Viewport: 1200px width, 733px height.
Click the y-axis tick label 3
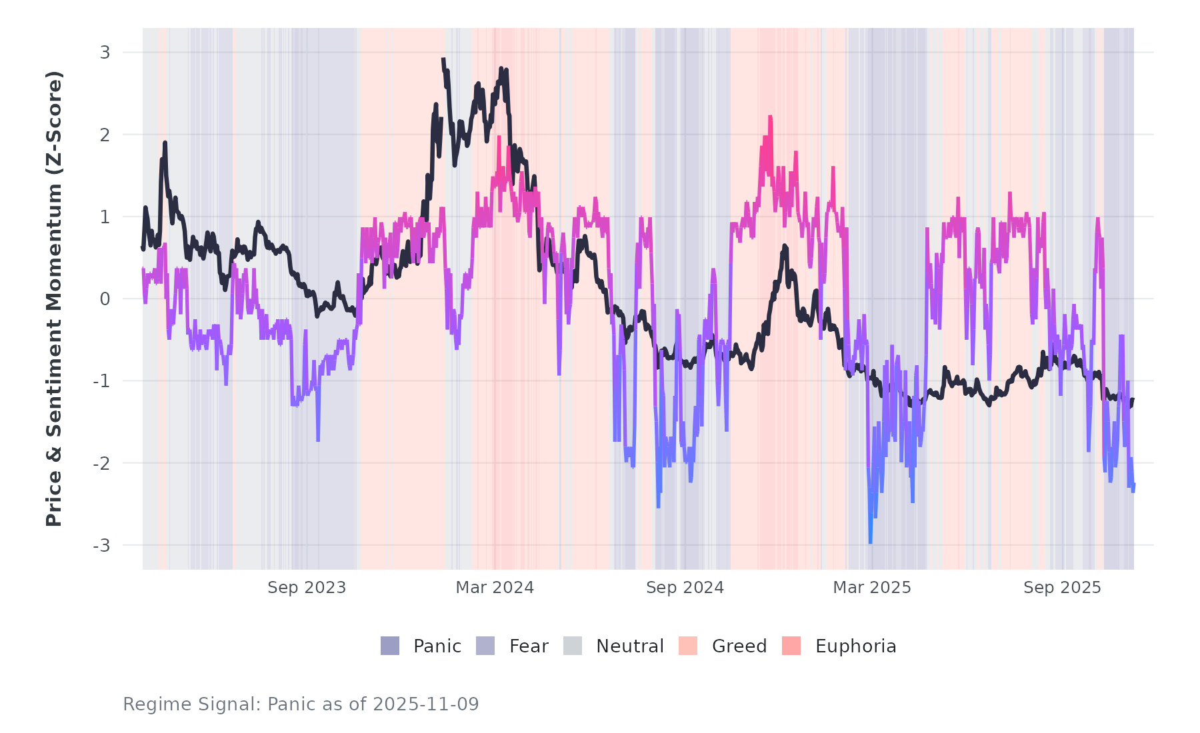pos(105,52)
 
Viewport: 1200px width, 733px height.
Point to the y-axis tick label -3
pos(102,546)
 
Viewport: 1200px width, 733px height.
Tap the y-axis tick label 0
pos(105,299)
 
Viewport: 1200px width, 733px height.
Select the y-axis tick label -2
pos(102,464)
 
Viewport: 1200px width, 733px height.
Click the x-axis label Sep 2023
pos(307,588)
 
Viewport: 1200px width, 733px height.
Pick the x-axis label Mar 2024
pos(495,588)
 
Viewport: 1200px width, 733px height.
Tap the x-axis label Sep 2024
pos(685,588)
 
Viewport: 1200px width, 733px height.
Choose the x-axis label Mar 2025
pos(872,588)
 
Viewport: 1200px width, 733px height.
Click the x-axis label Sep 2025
pos(1063,588)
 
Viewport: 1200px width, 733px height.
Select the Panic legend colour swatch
pos(390,646)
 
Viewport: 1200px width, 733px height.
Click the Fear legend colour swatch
pos(485,646)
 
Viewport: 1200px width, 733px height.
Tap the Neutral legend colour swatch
pos(573,646)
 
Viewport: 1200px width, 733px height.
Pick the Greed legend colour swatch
pos(688,646)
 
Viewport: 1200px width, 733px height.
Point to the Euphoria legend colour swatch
pos(791,646)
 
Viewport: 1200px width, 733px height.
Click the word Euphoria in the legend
pos(855,646)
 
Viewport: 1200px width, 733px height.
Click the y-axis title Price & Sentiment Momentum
pos(54,299)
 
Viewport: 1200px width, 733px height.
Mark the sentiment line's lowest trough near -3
pos(870,542)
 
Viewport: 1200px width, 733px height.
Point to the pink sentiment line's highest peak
pos(770,117)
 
